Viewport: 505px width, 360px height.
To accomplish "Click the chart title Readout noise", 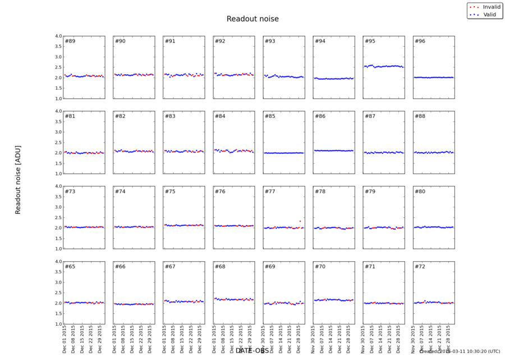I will [x=252, y=19].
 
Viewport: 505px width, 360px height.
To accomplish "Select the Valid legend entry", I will [x=489, y=14].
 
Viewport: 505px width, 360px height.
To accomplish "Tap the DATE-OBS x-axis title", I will [x=252, y=350].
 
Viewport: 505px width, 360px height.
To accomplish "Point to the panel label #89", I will [x=70, y=41].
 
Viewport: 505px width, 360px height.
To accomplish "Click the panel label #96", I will [x=420, y=41].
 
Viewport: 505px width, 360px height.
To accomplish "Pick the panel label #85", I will [x=270, y=116].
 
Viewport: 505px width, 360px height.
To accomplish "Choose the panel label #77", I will [x=270, y=192].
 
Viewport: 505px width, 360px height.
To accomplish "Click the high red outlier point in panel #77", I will [x=300, y=221].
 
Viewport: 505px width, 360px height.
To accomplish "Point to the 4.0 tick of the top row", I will [x=58, y=36].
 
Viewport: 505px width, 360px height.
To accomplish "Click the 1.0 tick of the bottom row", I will [x=58, y=324].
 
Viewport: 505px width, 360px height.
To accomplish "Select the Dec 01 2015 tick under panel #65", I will [x=65, y=340].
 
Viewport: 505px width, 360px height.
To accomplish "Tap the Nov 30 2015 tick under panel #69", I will [x=264, y=340].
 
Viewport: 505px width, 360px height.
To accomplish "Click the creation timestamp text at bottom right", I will [x=459, y=351].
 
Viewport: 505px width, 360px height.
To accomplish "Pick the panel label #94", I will [x=320, y=41].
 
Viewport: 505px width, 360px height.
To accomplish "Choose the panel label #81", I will [x=70, y=116].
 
